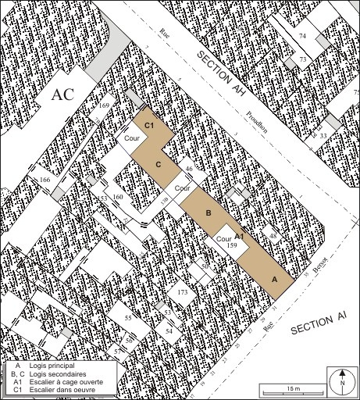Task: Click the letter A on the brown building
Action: click(x=273, y=279)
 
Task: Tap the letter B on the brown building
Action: click(x=209, y=212)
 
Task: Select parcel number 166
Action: click(x=45, y=181)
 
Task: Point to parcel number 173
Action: click(x=183, y=291)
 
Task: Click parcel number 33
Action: click(x=323, y=136)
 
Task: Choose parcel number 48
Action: click(x=273, y=235)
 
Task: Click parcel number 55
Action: click(x=129, y=319)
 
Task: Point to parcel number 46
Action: click(x=188, y=169)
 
